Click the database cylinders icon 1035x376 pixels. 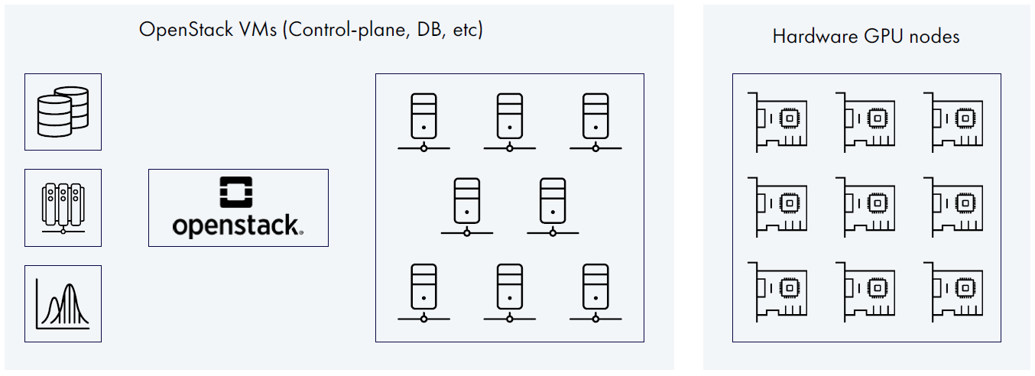tap(63, 112)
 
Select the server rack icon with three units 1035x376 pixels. tap(63, 208)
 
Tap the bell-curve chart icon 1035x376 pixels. tap(63, 303)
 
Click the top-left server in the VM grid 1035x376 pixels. tap(423, 122)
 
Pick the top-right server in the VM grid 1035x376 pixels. tap(595, 122)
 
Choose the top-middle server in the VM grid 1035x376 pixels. tap(508, 122)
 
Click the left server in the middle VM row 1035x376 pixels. tap(466, 206)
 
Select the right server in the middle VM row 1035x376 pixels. tap(552, 206)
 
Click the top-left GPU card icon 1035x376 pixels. tap(778, 120)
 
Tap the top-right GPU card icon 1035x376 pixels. tap(953, 120)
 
